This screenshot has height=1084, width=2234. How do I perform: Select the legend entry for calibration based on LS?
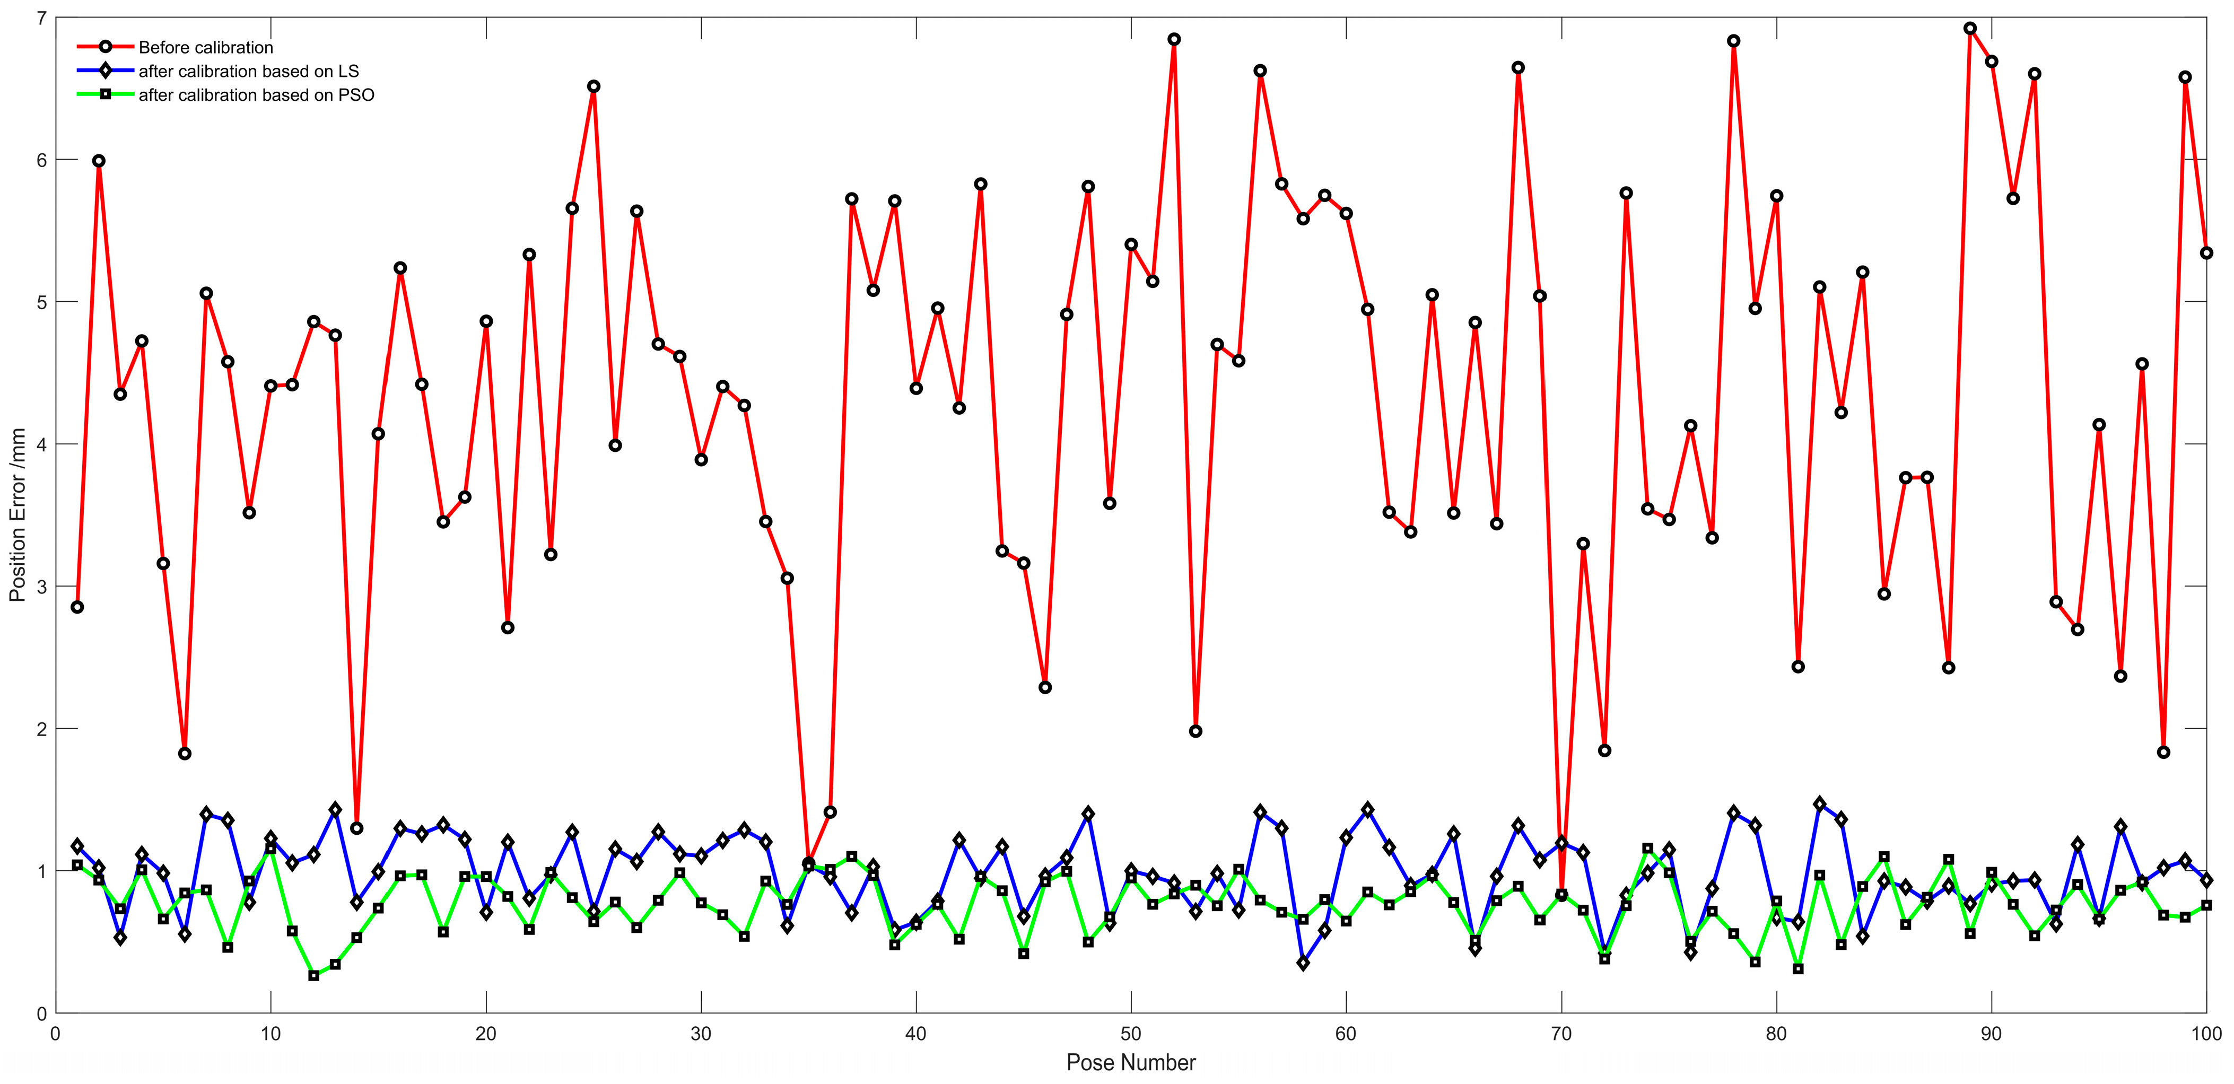(x=248, y=71)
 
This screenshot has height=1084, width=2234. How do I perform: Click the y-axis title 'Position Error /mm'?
(x=18, y=514)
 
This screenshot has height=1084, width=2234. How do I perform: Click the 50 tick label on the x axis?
(x=1130, y=1034)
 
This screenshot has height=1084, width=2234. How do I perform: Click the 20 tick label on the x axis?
(x=486, y=1034)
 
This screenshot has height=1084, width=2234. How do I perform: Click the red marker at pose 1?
(x=77, y=607)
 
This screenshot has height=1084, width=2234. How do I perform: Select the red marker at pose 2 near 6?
(x=99, y=161)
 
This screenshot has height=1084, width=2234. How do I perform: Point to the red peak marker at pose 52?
(x=1173, y=40)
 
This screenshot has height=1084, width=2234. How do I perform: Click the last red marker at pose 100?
(x=2206, y=253)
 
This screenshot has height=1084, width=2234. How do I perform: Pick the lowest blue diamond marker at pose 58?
(x=1303, y=963)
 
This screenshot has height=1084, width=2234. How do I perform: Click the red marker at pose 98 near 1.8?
(x=2163, y=752)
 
